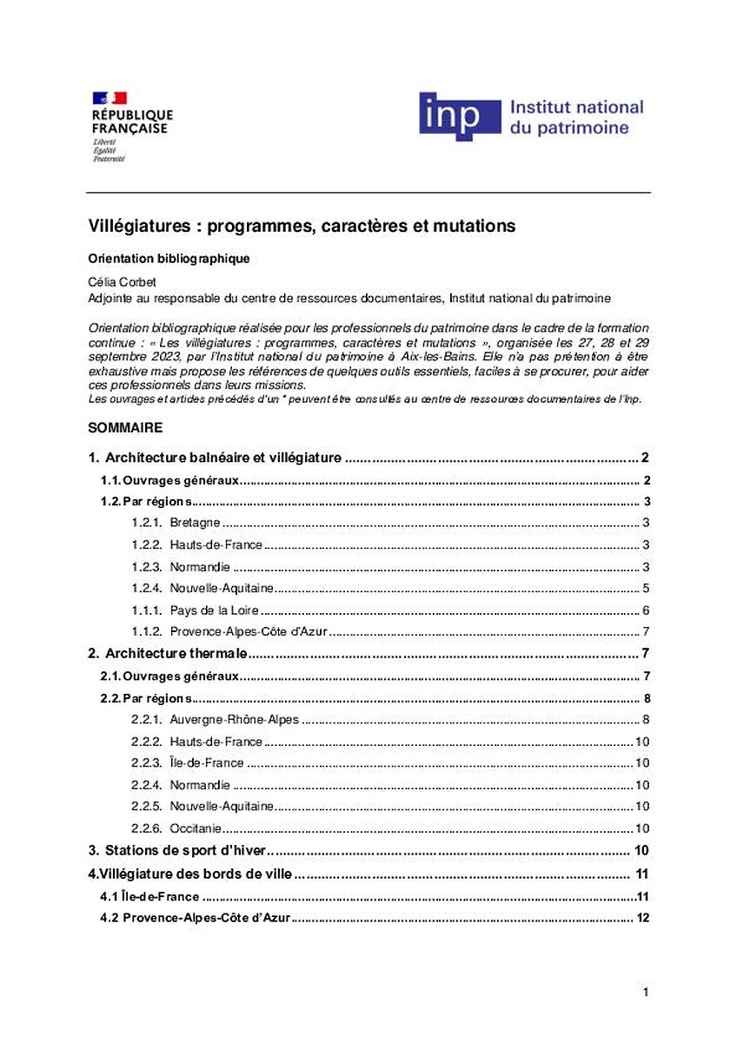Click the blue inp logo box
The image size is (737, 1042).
tap(460, 115)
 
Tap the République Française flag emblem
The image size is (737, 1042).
tap(110, 97)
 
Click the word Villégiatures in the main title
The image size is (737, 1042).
tap(137, 227)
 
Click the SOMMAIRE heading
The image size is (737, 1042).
tap(125, 429)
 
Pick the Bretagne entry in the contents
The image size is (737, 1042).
tap(195, 523)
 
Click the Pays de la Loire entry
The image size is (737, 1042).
tap(214, 610)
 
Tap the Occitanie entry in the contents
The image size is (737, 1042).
tap(196, 828)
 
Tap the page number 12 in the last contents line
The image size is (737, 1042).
tap(643, 918)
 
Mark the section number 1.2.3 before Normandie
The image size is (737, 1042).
tap(147, 567)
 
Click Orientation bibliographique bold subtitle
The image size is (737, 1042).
tap(169, 259)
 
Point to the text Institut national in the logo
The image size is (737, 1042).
tap(576, 108)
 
